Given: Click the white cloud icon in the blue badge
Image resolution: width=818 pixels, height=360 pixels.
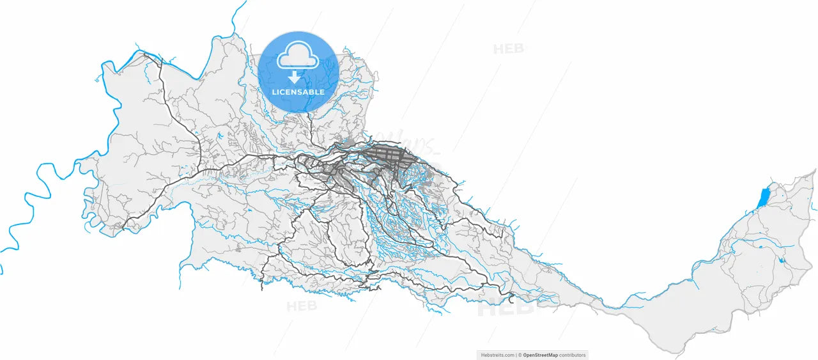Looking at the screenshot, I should coord(298,56).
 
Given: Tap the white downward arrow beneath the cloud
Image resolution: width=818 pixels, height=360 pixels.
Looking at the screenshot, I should coord(293,77).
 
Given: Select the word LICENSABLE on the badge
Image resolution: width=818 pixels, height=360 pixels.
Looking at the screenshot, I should coord(298,92).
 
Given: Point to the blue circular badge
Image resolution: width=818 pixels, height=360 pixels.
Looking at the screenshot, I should coord(298,72).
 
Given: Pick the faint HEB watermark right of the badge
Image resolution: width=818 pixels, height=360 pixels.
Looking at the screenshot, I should coord(508,49).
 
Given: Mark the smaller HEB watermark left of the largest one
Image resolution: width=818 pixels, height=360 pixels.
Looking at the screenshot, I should coord(301,306).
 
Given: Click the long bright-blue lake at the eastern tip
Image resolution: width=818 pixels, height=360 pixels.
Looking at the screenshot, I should coord(764,198).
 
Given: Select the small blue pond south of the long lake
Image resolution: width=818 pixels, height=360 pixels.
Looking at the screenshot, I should coord(782,260).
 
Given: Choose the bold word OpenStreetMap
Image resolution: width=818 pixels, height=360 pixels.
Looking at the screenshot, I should coord(540,356).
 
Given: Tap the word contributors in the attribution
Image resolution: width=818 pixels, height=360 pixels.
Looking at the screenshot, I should coord(572,356).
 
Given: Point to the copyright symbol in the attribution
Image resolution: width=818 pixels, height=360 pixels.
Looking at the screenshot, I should coord(520,356).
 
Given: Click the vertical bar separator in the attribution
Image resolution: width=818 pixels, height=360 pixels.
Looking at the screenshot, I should coord(516,356).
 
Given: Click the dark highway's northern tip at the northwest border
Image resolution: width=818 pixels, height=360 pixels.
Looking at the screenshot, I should coord(146,54).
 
